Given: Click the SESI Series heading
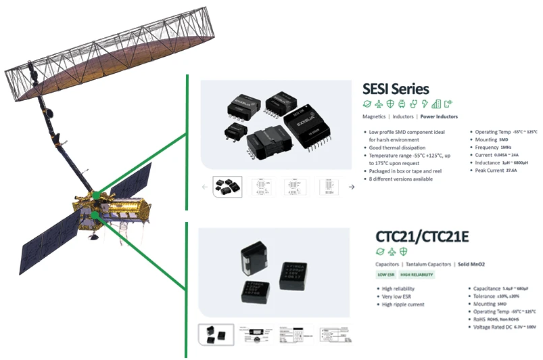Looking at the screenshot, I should [396, 88].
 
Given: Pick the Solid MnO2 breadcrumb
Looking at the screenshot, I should [472, 263].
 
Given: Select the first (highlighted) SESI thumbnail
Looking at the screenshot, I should [227, 186].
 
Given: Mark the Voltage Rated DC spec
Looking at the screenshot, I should [504, 328].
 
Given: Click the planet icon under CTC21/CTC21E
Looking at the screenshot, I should [380, 251].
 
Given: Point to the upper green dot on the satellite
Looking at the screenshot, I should [97, 196].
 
